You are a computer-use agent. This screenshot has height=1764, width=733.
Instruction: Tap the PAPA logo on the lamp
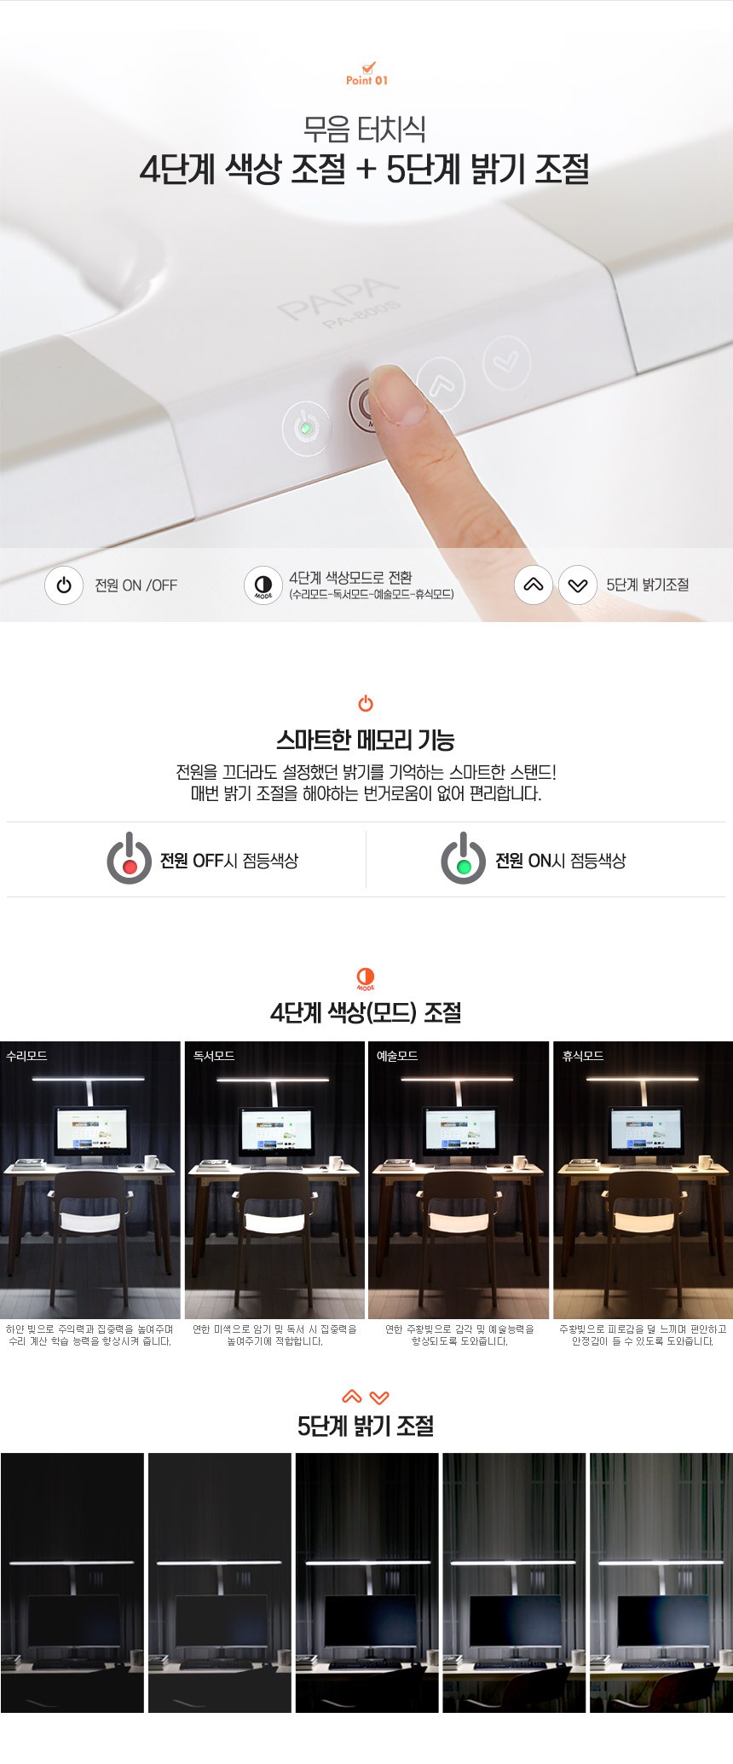point(338,297)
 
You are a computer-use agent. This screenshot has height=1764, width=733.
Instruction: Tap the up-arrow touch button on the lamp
point(441,382)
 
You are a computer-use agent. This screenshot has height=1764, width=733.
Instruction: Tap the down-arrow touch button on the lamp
point(507,362)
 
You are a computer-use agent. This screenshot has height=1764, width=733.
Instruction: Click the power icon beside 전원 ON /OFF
point(64,585)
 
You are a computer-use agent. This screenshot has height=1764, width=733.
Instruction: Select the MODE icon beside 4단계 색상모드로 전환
point(263,585)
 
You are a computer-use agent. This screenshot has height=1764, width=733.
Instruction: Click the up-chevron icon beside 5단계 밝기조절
point(534,585)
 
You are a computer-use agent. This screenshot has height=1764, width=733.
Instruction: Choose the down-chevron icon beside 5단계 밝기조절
point(578,585)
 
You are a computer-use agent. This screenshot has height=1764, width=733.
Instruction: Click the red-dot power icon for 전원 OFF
point(129,859)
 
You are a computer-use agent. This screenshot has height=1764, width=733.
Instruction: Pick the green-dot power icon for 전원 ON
point(463,859)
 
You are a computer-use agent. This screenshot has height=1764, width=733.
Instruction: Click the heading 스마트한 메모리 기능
point(366,740)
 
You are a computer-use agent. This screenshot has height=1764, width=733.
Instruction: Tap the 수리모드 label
point(26,1056)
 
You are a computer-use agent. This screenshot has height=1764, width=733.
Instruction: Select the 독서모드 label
point(214,1056)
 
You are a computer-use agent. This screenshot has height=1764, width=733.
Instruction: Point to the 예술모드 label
point(397,1056)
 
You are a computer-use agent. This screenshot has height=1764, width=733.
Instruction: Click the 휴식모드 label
point(583,1056)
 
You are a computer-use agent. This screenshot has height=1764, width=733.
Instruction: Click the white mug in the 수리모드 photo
point(153,1162)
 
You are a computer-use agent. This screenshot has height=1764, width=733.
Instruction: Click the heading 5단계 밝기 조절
point(366,1427)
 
